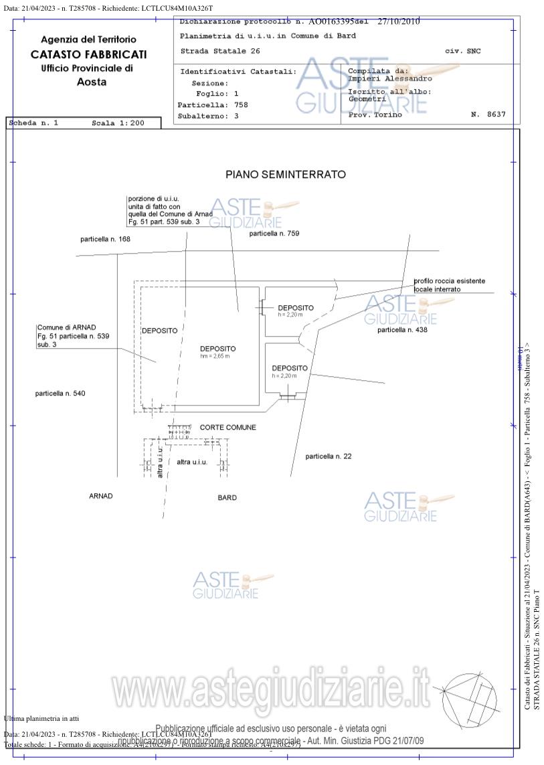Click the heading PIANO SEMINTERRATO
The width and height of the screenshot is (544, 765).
pyautogui.click(x=286, y=175)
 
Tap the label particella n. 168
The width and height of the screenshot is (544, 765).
pyautogui.click(x=106, y=239)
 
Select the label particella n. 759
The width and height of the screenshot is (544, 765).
pyautogui.click(x=274, y=234)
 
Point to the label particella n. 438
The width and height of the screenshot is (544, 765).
pyautogui.click(x=402, y=330)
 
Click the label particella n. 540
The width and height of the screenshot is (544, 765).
pyautogui.click(x=60, y=394)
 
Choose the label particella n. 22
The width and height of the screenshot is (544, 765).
pyautogui.click(x=329, y=456)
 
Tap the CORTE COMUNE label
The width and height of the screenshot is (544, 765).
pyautogui.click(x=228, y=427)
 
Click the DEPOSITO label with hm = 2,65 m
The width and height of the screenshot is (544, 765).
pyautogui.click(x=217, y=349)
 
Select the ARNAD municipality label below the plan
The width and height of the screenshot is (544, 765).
pyautogui.click(x=101, y=496)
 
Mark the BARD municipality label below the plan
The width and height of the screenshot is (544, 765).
pyautogui.click(x=228, y=497)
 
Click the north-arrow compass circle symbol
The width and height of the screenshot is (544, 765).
pyautogui.click(x=470, y=699)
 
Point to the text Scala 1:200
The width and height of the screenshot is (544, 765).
pyautogui.click(x=118, y=123)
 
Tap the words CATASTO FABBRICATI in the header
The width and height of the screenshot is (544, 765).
pyautogui.click(x=88, y=54)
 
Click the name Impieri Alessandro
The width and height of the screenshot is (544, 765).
pyautogui.click(x=390, y=78)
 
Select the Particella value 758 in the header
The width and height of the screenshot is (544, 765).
pyautogui.click(x=241, y=105)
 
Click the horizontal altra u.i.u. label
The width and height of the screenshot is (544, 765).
pyautogui.click(x=192, y=462)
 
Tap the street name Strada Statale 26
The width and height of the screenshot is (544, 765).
pyautogui.click(x=220, y=51)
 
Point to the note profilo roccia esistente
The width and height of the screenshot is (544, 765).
pyautogui.click(x=449, y=281)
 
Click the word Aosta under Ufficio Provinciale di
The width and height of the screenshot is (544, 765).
pyautogui.click(x=92, y=82)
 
